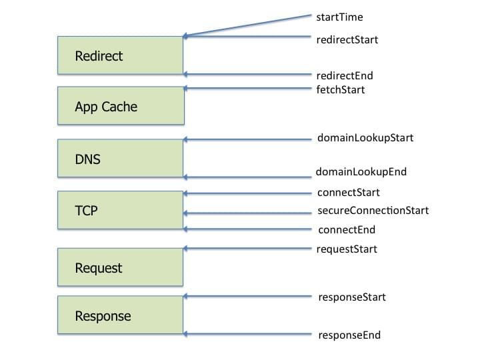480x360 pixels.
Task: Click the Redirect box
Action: click(x=121, y=55)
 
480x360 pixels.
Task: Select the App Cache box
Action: click(x=121, y=105)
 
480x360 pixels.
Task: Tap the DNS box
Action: click(x=121, y=159)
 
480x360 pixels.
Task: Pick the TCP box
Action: click(x=121, y=211)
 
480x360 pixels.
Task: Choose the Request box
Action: click(x=121, y=267)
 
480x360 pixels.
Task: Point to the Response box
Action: click(x=121, y=315)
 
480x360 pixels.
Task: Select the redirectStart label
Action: click(x=347, y=39)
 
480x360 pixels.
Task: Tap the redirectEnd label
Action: click(x=345, y=75)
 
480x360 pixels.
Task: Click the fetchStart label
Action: click(x=341, y=89)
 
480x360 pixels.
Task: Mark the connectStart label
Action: click(x=349, y=193)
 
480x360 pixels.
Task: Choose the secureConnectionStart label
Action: click(x=373, y=211)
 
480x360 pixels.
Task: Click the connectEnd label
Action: click(x=347, y=230)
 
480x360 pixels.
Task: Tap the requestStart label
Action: click(x=347, y=249)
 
